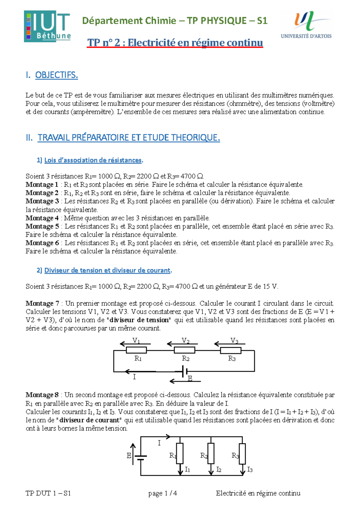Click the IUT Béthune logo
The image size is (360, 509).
point(47,26)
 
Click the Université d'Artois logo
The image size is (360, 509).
point(306,25)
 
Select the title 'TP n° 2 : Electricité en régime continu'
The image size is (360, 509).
point(175,43)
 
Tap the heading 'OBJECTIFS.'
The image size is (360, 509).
point(56,75)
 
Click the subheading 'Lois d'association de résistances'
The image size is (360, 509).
point(93,160)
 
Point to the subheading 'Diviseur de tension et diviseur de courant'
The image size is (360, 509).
point(107,270)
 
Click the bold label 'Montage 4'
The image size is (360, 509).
point(42,218)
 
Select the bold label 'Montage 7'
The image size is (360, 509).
point(42,303)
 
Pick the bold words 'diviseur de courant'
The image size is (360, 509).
point(89,420)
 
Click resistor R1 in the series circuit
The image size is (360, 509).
point(136,350)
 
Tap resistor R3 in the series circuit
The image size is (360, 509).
point(231,350)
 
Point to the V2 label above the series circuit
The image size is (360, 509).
point(185,341)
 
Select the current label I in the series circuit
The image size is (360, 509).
point(134,377)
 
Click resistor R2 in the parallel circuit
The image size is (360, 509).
point(211,454)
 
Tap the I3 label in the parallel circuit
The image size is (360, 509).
point(250,469)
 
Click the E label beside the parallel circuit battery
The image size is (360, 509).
point(129,456)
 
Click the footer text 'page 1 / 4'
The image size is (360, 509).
point(162,493)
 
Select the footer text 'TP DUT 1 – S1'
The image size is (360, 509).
point(48,493)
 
